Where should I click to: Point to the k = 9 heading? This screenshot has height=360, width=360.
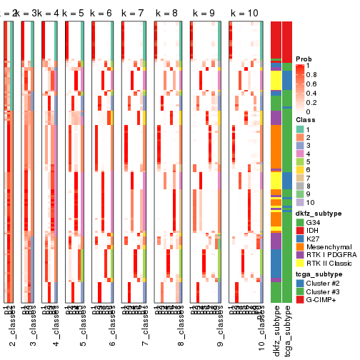206,14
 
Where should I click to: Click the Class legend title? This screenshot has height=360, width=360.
306,120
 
